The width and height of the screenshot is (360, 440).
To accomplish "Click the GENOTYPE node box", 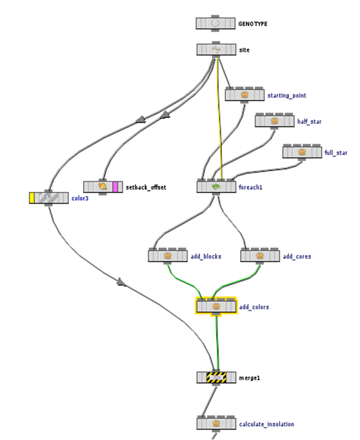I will coord(215,23).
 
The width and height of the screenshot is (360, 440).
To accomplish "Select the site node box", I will coord(216,50).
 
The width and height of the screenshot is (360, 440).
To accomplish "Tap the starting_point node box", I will coord(245,95).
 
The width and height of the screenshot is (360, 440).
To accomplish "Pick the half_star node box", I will coord(275,121).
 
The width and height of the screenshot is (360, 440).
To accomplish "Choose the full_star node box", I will coord(302,152).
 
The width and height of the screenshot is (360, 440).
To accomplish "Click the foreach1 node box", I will coord(217,186).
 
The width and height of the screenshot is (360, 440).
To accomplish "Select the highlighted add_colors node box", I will coord(216,307).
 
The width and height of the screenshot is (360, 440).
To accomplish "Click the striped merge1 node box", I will coord(216,378).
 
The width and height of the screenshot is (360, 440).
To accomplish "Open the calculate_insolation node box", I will coord(216,423).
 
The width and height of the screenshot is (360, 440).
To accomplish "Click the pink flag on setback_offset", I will coord(116,186).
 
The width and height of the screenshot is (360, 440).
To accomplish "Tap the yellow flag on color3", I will coord(32,198).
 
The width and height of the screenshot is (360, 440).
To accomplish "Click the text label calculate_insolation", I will coord(266,424).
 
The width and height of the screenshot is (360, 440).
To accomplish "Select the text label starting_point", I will coord(286,96).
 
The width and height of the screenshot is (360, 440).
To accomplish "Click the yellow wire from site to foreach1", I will coord(219,121).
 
